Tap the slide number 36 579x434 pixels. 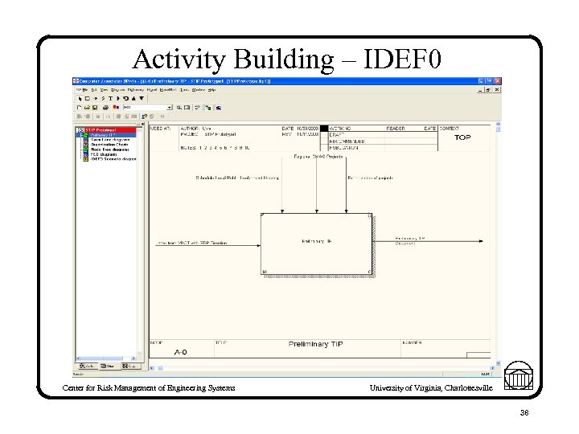pyautogui.click(x=523, y=412)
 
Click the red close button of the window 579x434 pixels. pyautogui.click(x=498, y=82)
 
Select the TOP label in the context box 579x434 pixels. pyautogui.click(x=462, y=137)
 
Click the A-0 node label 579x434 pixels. pyautogui.click(x=183, y=351)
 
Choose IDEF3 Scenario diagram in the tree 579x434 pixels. pyautogui.click(x=113, y=159)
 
